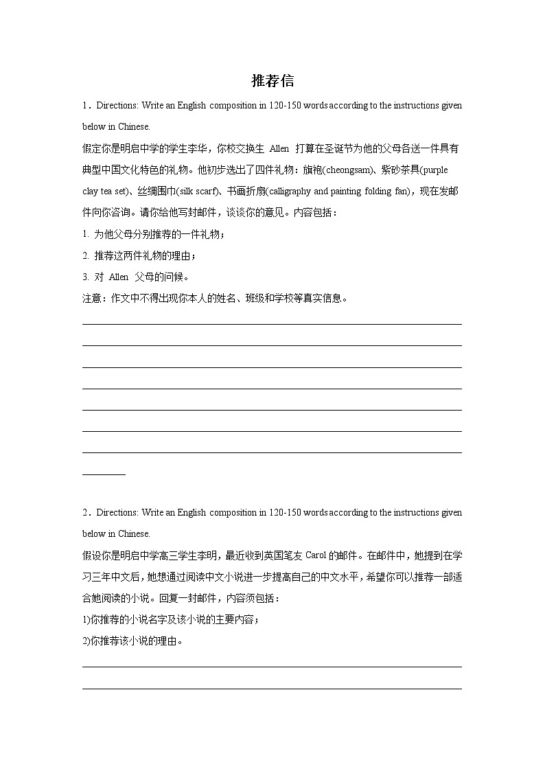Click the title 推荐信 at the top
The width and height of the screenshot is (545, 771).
tap(272, 81)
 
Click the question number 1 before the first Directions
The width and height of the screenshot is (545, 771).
tap(84, 106)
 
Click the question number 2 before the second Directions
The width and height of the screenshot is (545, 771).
tap(84, 513)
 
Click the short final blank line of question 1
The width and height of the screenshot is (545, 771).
tap(104, 474)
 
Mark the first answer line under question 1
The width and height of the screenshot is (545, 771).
tap(272, 324)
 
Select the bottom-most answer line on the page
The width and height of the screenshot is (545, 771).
tap(272, 688)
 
